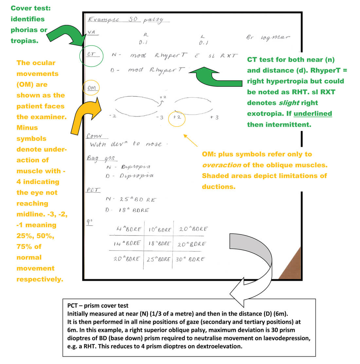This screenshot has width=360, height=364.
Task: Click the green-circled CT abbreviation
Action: [x=91, y=55]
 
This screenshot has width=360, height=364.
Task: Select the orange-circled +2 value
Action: [x=177, y=117]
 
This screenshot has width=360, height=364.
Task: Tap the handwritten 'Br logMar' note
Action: [x=268, y=37]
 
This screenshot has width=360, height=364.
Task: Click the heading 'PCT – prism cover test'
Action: [x=98, y=306]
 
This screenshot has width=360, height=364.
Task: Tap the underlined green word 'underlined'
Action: [x=313, y=114]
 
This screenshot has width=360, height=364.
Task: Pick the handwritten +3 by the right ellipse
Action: [x=214, y=117]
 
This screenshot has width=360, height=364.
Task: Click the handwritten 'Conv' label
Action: [x=94, y=136]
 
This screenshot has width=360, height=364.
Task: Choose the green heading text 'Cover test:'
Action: [x=31, y=8]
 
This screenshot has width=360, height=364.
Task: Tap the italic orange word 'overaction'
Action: [x=222, y=165]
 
